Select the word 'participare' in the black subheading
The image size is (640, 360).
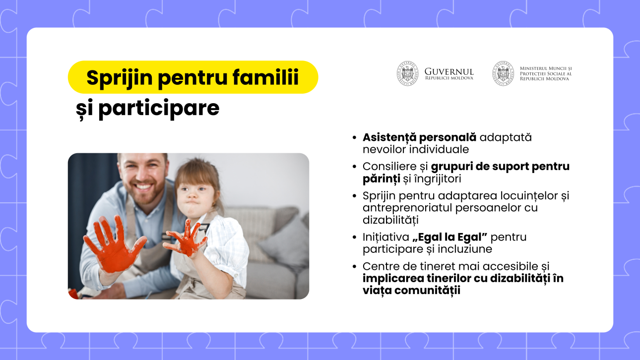click(159, 109)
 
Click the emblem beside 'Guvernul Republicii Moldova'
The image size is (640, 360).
click(408, 73)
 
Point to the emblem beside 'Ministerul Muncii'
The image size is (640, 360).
click(503, 73)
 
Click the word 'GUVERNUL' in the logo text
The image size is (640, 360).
click(449, 71)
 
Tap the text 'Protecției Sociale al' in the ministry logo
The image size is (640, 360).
click(546, 74)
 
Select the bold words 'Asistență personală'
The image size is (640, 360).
click(419, 138)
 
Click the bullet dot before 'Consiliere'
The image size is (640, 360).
click(355, 167)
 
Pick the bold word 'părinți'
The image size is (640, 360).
click(382, 179)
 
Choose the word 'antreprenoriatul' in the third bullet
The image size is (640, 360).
click(407, 208)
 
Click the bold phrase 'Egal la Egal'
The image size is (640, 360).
click(450, 237)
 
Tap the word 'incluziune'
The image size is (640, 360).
click(465, 249)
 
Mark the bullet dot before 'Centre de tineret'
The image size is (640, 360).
click(355, 266)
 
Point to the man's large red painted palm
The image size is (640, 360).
click(114, 245)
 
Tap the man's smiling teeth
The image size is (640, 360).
click(143, 187)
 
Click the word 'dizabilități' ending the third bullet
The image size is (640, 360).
click(390, 220)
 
